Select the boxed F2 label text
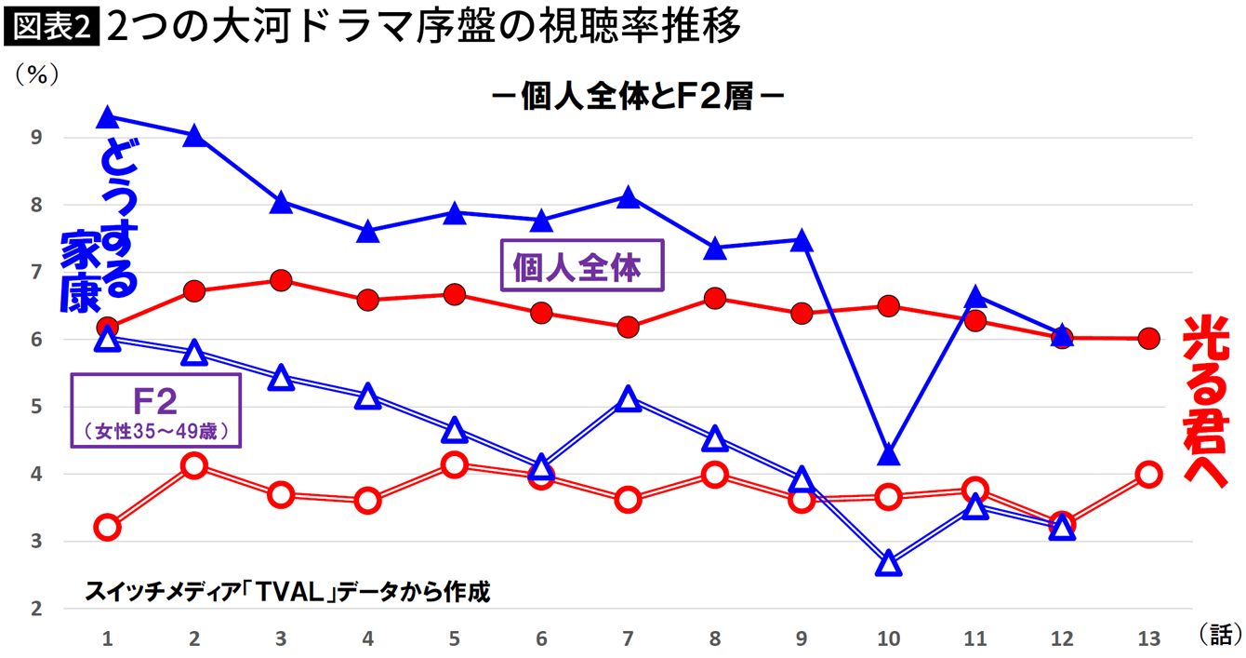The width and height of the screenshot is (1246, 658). pos(155,401)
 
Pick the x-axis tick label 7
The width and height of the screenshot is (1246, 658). pos(628,638)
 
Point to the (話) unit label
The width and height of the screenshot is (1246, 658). pos(1218,635)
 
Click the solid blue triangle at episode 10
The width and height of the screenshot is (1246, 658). pos(888,455)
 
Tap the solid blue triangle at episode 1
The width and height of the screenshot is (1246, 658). pos(107,117)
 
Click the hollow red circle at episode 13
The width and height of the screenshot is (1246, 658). pos(1148,475)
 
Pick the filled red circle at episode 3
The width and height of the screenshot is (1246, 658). pos(281,281)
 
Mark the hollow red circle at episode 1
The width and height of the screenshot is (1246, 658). pos(107,528)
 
